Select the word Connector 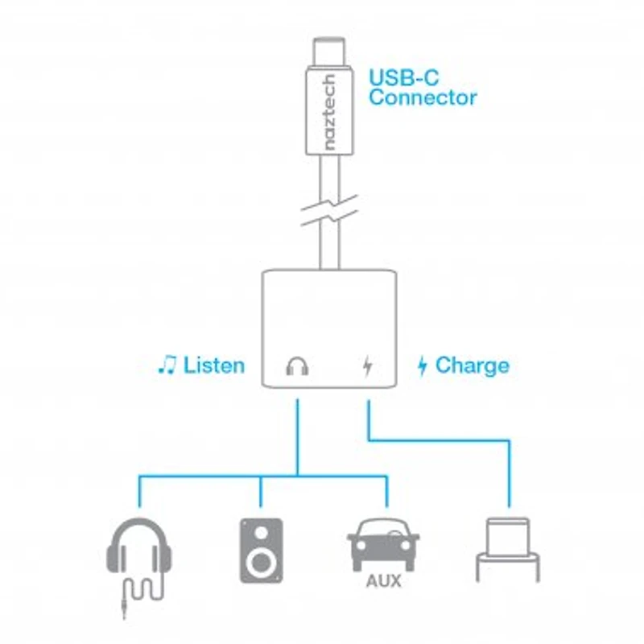coord(423,98)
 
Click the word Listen coord(213,365)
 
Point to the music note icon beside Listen coord(167,365)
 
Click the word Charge coord(472,365)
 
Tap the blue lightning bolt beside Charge coord(422,366)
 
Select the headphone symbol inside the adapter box coord(298,367)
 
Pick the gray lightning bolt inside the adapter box coord(368,367)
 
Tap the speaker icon coord(261,551)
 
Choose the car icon coord(383,544)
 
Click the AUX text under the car coord(384,581)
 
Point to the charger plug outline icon coord(508,551)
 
